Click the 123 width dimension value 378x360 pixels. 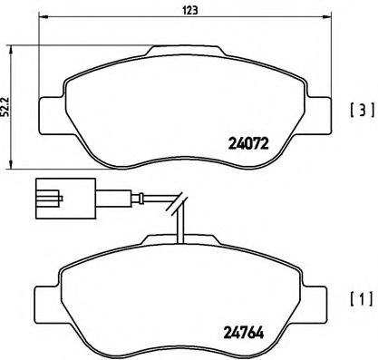190,10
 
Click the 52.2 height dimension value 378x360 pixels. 5,106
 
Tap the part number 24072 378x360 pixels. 248,143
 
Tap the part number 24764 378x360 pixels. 244,333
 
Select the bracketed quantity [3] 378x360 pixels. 362,110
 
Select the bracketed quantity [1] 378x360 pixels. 362,298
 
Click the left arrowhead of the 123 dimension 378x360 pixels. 44,16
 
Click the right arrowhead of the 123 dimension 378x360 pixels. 327,16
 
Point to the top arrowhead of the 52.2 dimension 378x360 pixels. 11,50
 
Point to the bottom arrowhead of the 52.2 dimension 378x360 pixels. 11,164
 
